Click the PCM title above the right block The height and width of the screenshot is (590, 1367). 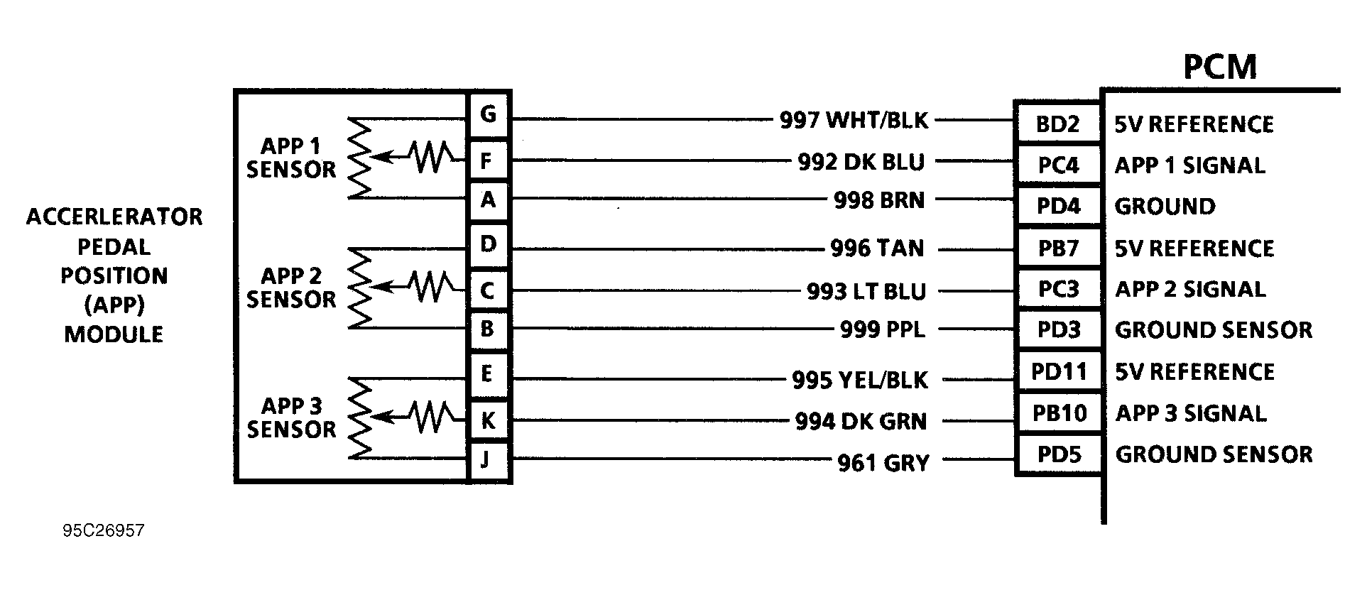(1219, 67)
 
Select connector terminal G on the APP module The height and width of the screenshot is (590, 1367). (488, 114)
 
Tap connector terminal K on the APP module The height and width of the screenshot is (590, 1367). (488, 420)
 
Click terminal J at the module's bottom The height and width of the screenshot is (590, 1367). (486, 459)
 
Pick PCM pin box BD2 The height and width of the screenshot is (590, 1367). (1057, 124)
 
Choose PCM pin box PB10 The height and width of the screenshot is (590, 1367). (1059, 413)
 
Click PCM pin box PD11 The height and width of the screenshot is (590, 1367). (1059, 372)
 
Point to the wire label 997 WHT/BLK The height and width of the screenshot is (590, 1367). (854, 121)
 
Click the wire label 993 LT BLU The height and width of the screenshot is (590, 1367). (866, 292)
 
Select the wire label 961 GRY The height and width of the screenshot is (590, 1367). (883, 464)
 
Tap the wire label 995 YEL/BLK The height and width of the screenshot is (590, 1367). (859, 381)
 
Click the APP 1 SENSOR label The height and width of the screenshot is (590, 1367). (291, 158)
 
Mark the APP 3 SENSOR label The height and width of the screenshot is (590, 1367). (291, 417)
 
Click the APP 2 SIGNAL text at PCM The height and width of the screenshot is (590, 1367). (1190, 290)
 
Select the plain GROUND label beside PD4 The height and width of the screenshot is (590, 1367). (1165, 207)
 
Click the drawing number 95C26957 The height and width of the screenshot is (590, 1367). (103, 531)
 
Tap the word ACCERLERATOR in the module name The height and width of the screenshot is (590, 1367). (114, 217)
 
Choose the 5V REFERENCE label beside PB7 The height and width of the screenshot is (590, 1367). (1194, 248)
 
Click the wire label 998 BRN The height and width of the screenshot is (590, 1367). (879, 201)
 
